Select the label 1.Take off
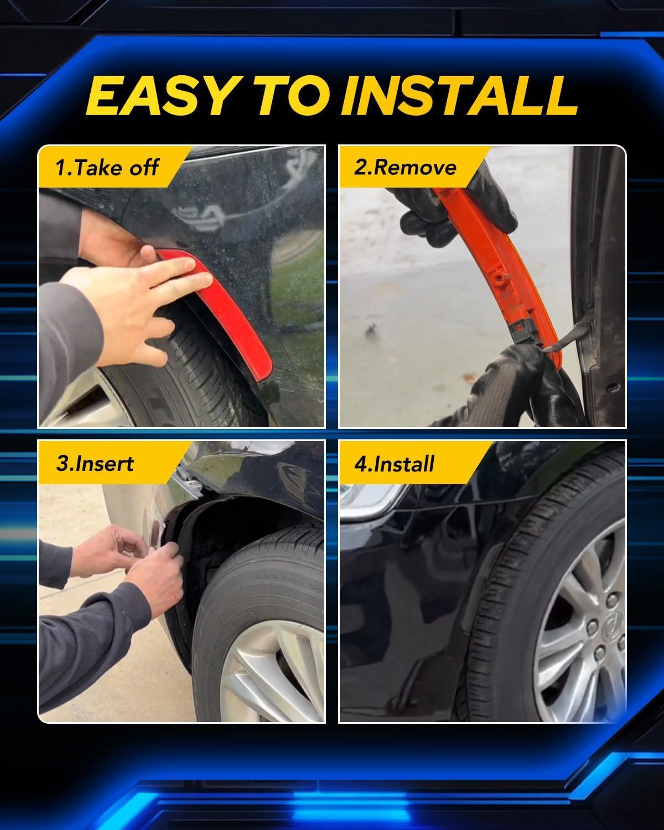click(x=106, y=168)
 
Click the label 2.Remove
click(x=405, y=168)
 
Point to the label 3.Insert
click(x=95, y=463)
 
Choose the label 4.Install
click(x=395, y=463)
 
